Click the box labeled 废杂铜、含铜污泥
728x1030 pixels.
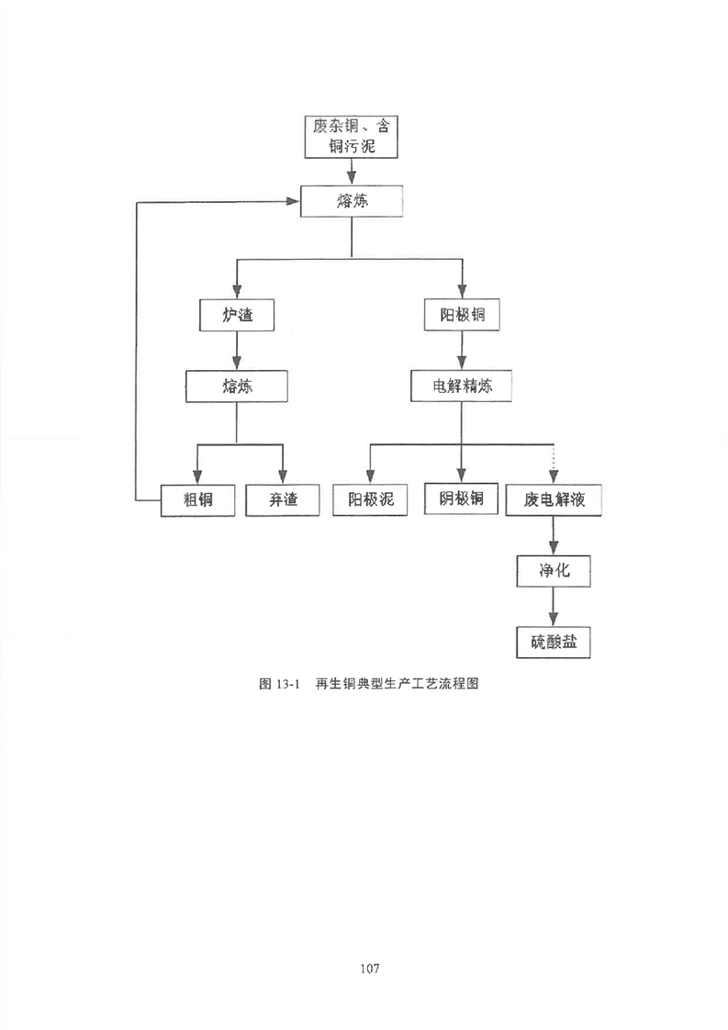[352, 136]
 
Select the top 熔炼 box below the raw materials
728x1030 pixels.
[352, 201]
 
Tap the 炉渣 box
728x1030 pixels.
[237, 315]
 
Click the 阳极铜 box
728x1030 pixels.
[462, 315]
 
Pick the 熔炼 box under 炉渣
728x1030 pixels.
[237, 386]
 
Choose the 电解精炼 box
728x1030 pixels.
[461, 386]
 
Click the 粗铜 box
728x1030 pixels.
[197, 500]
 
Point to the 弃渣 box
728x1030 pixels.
[283, 500]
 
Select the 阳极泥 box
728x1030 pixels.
[370, 499]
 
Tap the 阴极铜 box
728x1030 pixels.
[461, 498]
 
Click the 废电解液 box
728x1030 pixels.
[554, 500]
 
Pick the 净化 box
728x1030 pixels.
[554, 571]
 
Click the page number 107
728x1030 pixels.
[370, 968]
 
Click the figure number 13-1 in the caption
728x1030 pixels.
[287, 684]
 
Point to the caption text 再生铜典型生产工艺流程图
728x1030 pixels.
[397, 684]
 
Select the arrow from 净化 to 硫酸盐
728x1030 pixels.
[554, 606]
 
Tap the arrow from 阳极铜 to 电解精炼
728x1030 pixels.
[462, 350]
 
